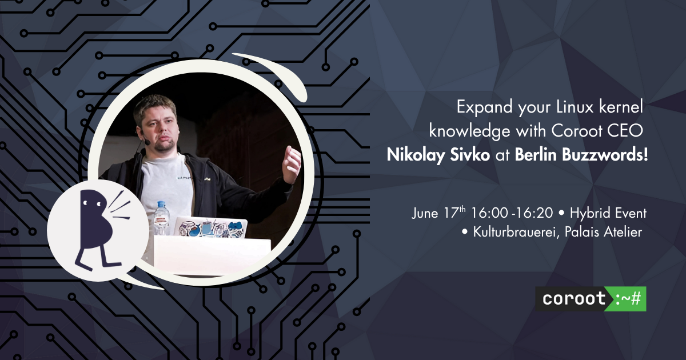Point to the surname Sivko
coord(470,155)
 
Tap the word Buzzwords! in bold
coord(605,155)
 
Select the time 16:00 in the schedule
coord(489,213)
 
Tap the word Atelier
coord(623,232)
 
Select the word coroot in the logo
coord(574,298)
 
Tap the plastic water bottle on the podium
coord(161,218)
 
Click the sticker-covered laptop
coord(211,227)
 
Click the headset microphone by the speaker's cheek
coord(147,142)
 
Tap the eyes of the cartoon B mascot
coord(91,203)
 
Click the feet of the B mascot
coord(98,263)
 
